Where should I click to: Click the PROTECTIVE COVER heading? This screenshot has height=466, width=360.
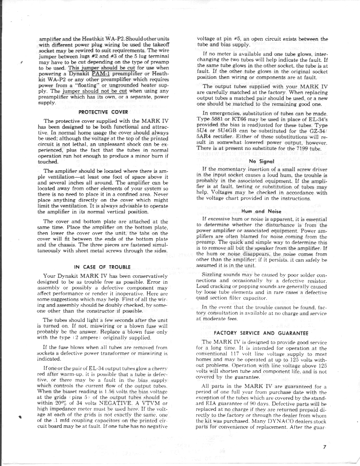pyautogui.click(x=103, y=112)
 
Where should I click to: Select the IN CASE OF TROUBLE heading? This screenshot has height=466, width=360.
pyautogui.click(x=102, y=267)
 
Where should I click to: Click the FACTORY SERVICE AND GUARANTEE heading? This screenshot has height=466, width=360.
pyautogui.click(x=261, y=333)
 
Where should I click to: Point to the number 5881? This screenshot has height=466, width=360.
pyautogui.click(x=224, y=120)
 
